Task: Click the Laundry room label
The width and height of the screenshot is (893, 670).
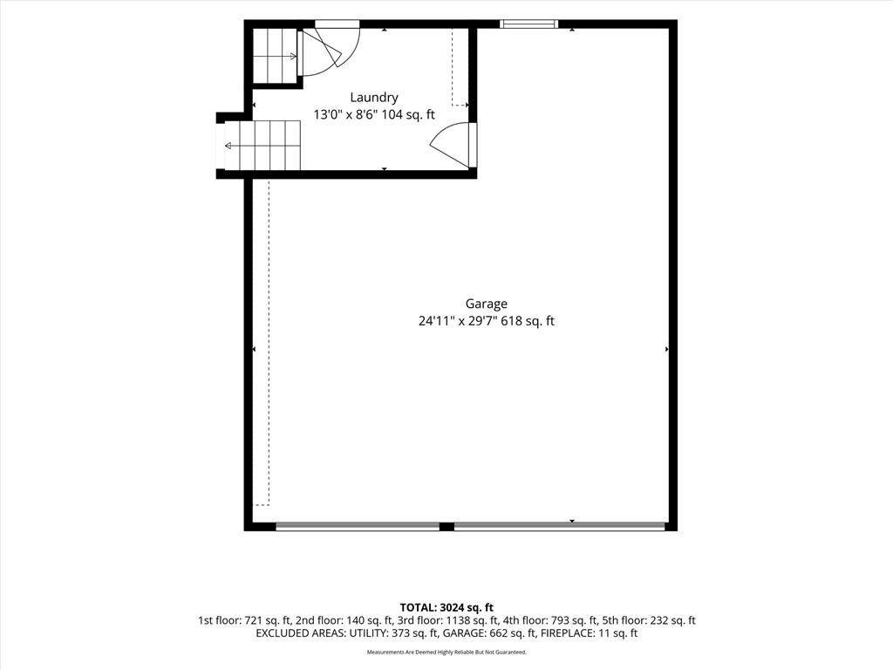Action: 373,98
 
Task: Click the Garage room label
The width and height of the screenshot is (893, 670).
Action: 487,304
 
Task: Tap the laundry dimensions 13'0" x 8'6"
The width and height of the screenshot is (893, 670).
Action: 345,114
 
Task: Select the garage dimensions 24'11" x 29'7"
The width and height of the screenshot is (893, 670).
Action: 458,321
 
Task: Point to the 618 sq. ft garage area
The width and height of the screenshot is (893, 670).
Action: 528,321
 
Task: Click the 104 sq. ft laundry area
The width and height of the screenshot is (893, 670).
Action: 408,114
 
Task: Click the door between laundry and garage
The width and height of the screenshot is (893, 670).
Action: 453,146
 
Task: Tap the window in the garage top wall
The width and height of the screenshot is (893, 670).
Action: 528,24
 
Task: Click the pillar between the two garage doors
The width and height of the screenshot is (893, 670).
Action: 446,526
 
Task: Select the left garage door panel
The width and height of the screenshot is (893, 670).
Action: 358,526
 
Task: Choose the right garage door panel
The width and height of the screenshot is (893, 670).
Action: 559,526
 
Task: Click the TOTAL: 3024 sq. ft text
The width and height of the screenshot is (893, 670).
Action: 446,608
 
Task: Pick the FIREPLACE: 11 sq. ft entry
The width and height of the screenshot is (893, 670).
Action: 589,633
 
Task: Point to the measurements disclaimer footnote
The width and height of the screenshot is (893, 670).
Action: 446,653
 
